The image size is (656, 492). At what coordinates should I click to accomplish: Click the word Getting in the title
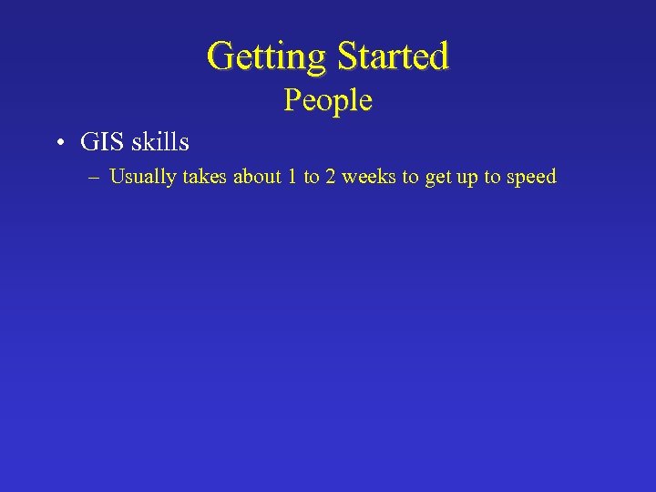pyautogui.click(x=267, y=56)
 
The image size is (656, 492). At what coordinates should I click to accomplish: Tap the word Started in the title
pyautogui.click(x=393, y=56)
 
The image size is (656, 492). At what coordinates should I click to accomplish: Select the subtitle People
pyautogui.click(x=328, y=99)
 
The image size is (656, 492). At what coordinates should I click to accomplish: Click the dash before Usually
pyautogui.click(x=96, y=177)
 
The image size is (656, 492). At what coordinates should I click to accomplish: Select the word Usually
pyautogui.click(x=142, y=177)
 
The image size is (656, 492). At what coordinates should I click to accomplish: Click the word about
pyautogui.click(x=257, y=177)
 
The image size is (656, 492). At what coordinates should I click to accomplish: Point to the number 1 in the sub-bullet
pyautogui.click(x=292, y=177)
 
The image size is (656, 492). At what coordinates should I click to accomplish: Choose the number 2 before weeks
pyautogui.click(x=331, y=177)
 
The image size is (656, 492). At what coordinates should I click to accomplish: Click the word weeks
pyautogui.click(x=368, y=177)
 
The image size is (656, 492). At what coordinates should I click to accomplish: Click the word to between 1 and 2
pyautogui.click(x=312, y=177)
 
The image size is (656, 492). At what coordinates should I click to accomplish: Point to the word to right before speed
pyautogui.click(x=490, y=177)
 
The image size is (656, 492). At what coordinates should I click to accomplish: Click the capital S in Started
pyautogui.click(x=347, y=56)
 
